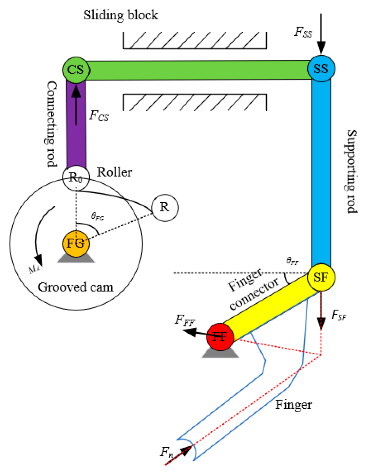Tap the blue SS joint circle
pyautogui.click(x=321, y=69)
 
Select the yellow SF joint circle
pyautogui.click(x=321, y=277)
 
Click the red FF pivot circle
pyautogui.click(x=220, y=337)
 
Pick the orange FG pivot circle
pyautogui.click(x=76, y=243)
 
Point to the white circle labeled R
pyautogui.click(x=165, y=207)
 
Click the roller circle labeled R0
pyautogui.click(x=76, y=177)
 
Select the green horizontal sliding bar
pyautogui.click(x=196, y=70)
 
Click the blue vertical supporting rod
pyautogui.click(x=321, y=171)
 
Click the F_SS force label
pyautogui.click(x=303, y=32)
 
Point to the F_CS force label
pyautogui.click(x=99, y=116)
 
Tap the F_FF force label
pyautogui.click(x=185, y=320)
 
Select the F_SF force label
pyautogui.click(x=339, y=315)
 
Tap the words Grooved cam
pyautogui.click(x=75, y=287)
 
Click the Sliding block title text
pyautogui.click(x=121, y=15)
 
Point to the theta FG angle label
pyautogui.click(x=97, y=217)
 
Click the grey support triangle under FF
pyautogui.click(x=220, y=353)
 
